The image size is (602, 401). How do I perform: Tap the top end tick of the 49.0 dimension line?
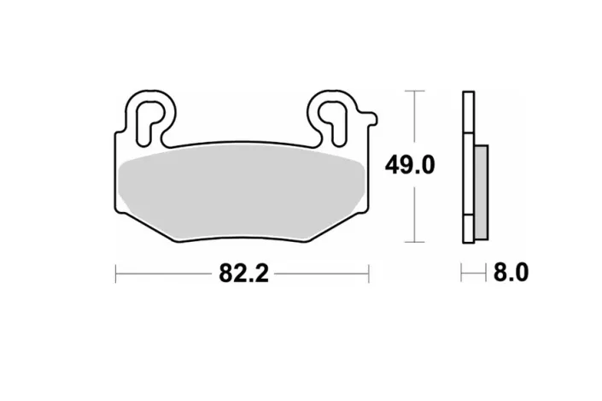pos(414,90)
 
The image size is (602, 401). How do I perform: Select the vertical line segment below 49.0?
pos(414,214)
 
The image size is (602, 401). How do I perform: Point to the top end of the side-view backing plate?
pos(467,93)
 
